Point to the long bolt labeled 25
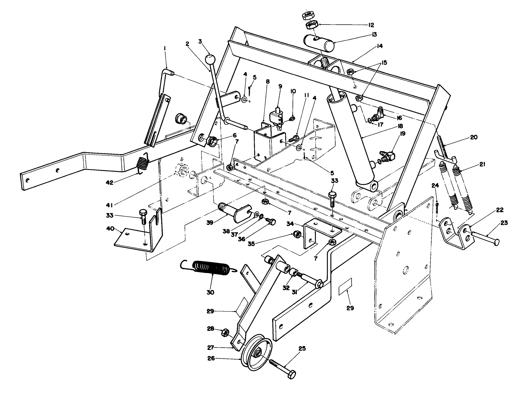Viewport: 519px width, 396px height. point(283,367)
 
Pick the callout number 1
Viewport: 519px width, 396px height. point(165,48)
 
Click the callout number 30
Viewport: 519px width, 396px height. point(210,292)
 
